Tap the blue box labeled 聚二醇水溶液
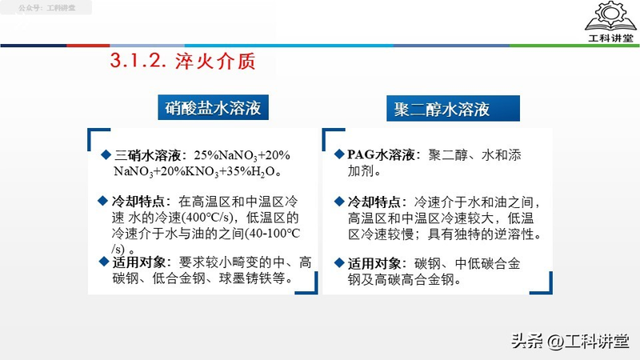pyautogui.click(x=442, y=108)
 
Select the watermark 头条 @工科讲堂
pyautogui.click(x=570, y=341)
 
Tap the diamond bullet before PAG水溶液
pyautogui.click(x=340, y=154)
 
